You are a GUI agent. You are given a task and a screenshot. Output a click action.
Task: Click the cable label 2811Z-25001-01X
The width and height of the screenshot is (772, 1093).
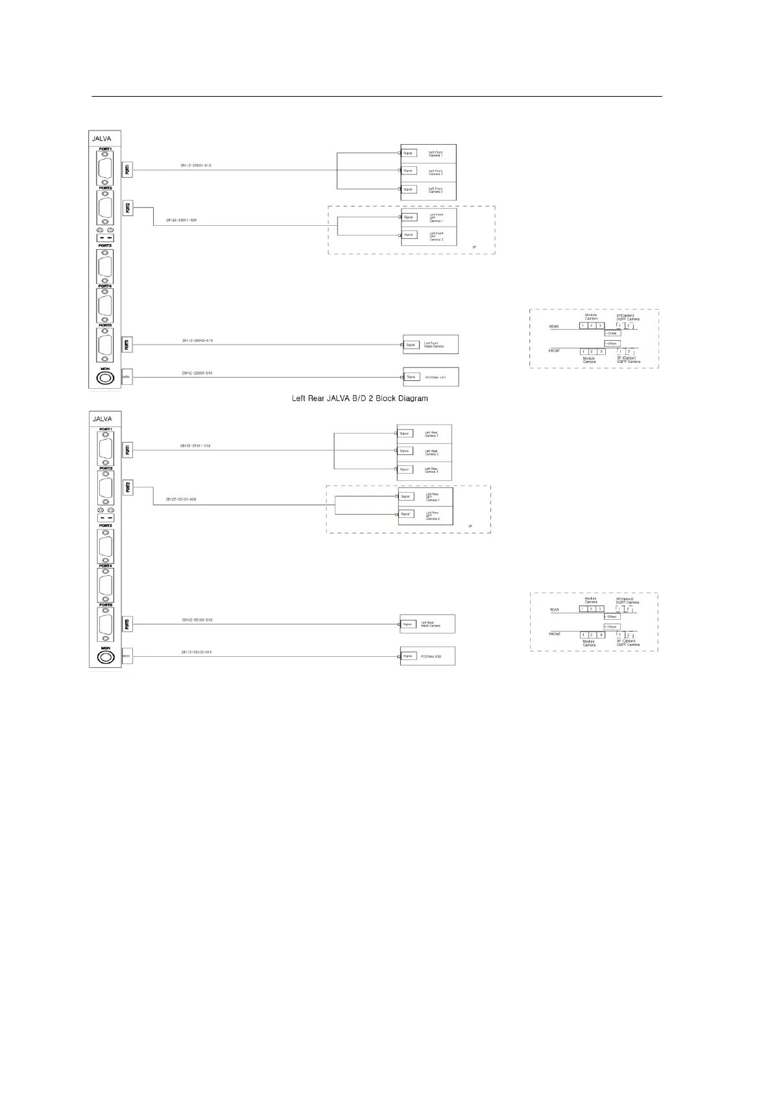(x=195, y=166)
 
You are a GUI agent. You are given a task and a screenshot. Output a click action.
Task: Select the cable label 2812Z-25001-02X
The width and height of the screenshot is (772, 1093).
(x=181, y=220)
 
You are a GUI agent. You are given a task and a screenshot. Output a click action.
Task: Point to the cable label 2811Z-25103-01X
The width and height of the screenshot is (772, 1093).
(x=197, y=652)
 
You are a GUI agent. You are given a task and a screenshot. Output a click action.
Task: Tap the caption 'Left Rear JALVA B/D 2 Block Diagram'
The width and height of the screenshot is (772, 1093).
(x=360, y=398)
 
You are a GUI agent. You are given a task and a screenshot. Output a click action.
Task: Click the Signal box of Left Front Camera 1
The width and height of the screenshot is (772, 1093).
(x=408, y=153)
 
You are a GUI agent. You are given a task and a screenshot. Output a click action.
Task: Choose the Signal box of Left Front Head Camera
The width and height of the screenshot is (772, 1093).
(x=411, y=345)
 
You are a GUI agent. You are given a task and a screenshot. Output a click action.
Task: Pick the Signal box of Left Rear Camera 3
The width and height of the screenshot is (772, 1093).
(x=405, y=469)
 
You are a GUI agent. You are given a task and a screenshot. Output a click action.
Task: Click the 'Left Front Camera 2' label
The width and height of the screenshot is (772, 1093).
(x=436, y=172)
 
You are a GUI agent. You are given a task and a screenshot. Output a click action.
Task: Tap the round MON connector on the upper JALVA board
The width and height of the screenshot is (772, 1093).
(x=104, y=377)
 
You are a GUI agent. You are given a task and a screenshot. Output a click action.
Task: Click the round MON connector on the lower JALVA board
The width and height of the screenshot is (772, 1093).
(x=104, y=656)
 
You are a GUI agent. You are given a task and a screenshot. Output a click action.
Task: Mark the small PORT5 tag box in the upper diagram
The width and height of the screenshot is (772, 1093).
(x=127, y=345)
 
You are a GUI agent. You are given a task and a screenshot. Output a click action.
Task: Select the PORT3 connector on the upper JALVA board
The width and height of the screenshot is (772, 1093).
(x=104, y=267)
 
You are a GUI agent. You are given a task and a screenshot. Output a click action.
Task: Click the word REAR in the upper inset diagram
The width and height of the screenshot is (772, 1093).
(x=554, y=326)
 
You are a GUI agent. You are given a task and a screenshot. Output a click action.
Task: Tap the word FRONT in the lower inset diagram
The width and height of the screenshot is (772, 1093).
(x=555, y=633)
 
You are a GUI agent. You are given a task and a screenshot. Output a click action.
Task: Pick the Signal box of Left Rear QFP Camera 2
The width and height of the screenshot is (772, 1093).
(x=406, y=514)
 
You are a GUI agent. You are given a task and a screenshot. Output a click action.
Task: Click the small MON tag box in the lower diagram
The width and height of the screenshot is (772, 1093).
(x=127, y=656)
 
